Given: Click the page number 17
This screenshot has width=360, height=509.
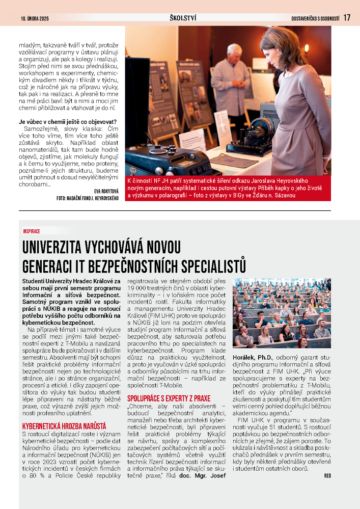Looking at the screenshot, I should (347, 17).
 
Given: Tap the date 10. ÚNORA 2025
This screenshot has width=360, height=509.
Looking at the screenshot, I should (34, 18).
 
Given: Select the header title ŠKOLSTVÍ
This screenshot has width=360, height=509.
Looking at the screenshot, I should (183, 18).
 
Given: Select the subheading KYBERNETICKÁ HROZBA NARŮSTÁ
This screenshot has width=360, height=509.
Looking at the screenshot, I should (64, 425).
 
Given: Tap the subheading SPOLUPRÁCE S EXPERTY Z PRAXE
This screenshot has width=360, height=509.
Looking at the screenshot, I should (169, 397).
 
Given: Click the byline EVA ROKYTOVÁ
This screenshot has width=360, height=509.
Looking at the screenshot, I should (106, 191).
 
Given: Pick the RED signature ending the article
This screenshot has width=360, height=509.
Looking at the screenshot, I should (327, 476).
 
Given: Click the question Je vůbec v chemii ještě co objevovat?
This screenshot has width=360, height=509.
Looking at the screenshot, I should (68, 122).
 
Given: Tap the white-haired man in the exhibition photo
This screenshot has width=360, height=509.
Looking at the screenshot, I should (231, 76).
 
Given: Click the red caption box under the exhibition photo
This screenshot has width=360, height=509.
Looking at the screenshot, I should (228, 187).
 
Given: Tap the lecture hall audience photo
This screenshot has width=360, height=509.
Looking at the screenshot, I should (282, 313).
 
